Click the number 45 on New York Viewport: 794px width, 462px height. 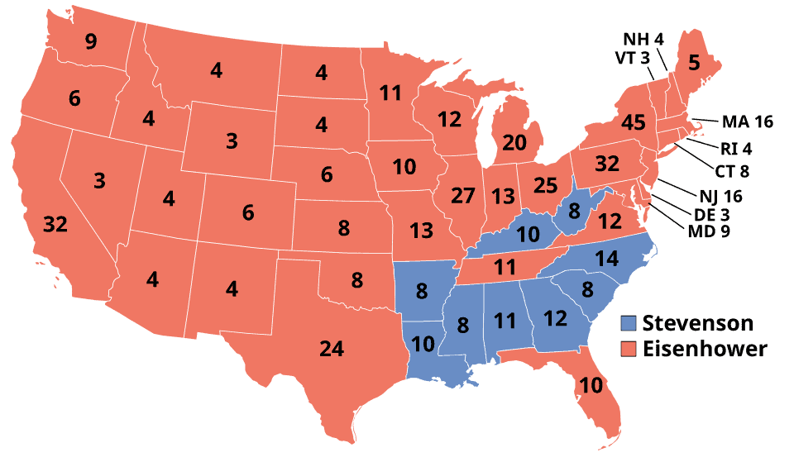click(633, 123)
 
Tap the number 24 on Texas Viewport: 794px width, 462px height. click(331, 349)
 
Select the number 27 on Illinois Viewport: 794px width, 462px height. click(463, 197)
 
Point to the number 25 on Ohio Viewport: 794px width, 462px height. click(545, 184)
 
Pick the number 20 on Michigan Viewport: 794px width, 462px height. click(514, 142)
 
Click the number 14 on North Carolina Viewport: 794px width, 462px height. click(606, 258)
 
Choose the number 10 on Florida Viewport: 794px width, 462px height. click(591, 384)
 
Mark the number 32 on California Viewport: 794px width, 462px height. click(55, 224)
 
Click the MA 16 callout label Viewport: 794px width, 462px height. click(746, 122)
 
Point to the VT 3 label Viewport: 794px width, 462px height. click(634, 58)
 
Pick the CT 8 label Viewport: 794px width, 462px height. click(732, 172)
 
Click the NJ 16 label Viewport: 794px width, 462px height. click(720, 197)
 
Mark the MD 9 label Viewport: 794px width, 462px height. click(709, 231)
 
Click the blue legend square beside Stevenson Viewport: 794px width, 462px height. click(629, 323)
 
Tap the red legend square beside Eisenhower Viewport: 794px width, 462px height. click(629, 349)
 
